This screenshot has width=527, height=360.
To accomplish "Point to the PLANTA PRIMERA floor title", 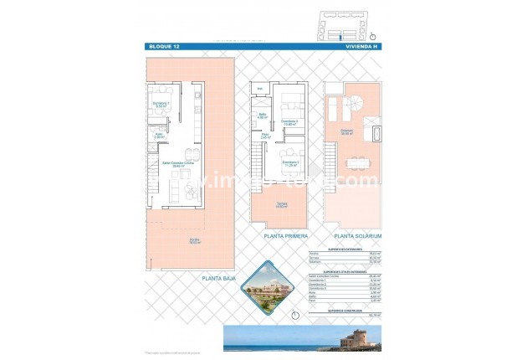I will click(x=281, y=237).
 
